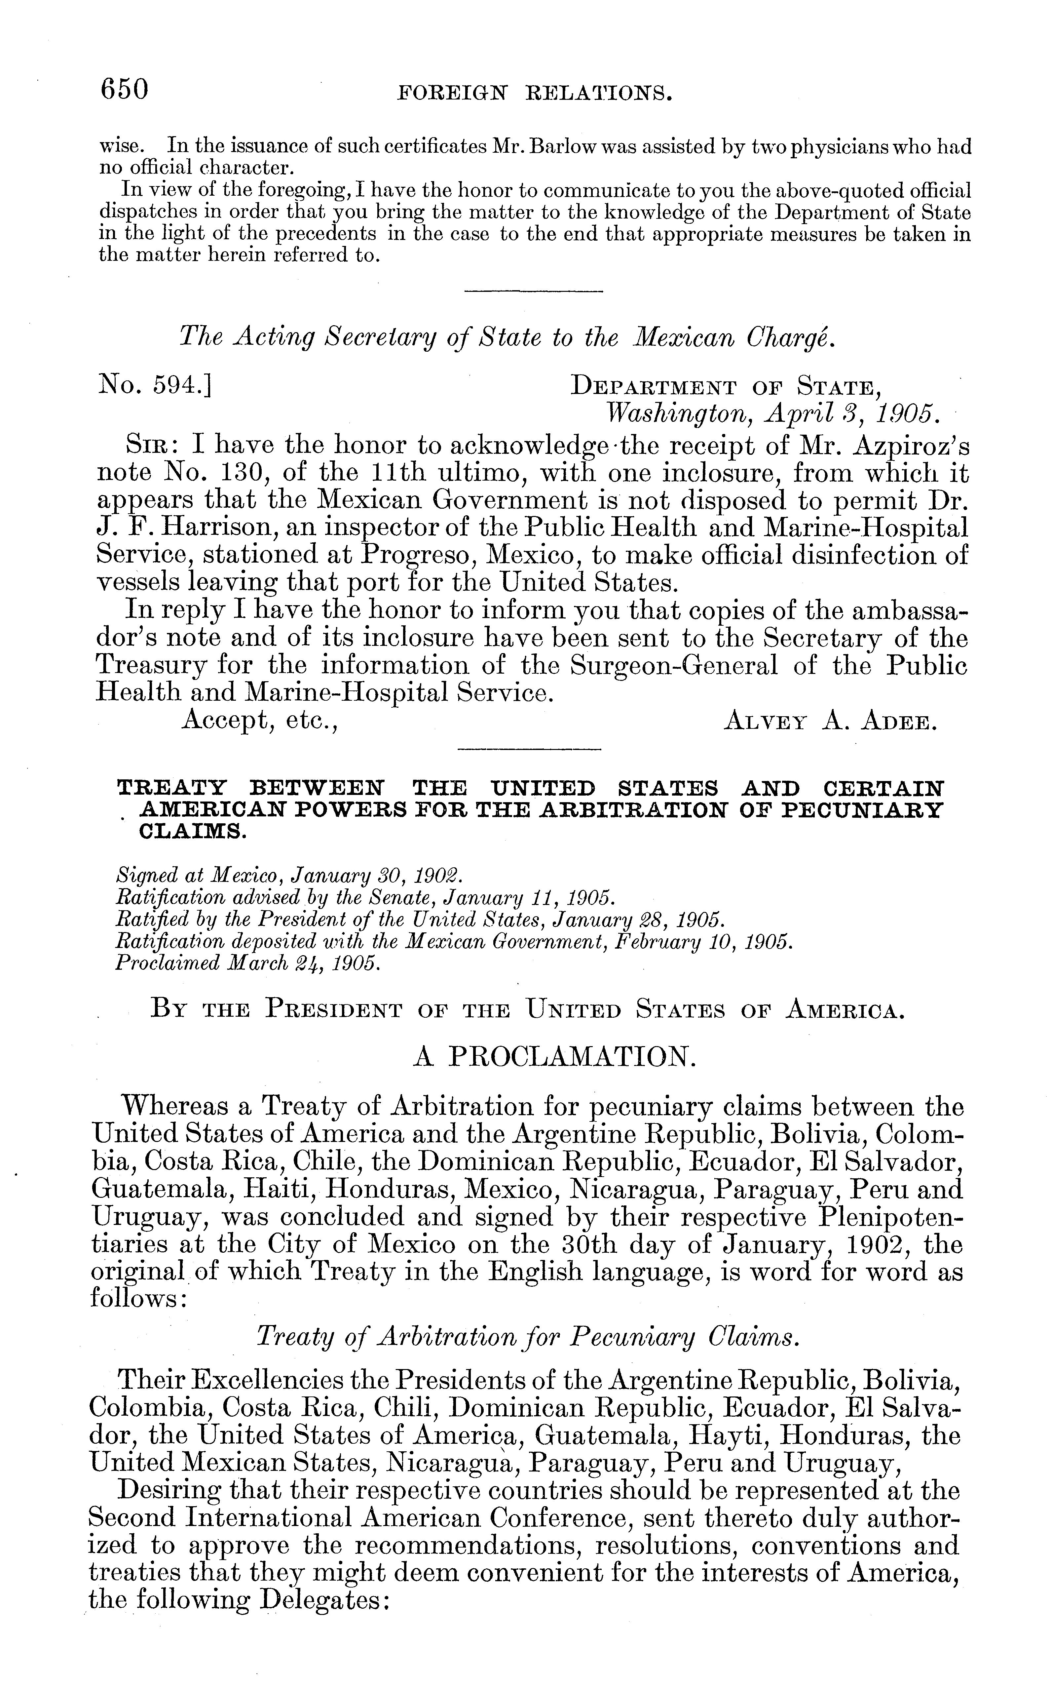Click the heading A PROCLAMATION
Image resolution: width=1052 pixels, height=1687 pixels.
(554, 1059)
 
